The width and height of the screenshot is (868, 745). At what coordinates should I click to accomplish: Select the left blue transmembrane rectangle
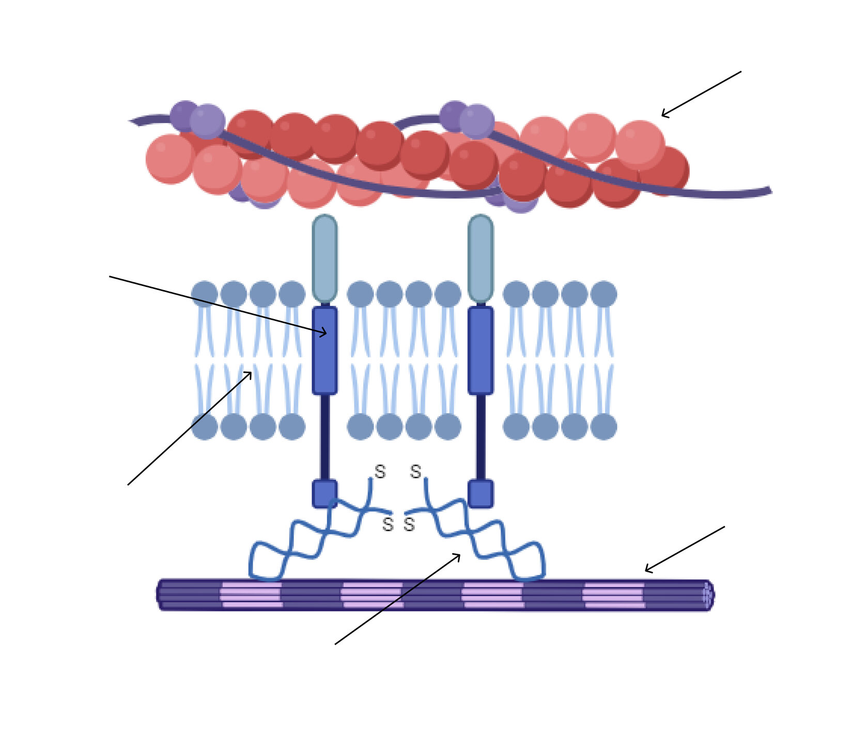tap(324, 351)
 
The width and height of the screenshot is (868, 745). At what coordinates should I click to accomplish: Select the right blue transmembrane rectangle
tap(481, 351)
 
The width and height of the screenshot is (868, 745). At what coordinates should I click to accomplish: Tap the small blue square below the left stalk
tap(324, 493)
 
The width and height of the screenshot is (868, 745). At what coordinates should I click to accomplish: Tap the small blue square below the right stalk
tap(481, 493)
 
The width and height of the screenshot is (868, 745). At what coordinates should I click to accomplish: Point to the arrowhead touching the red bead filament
tap(663, 115)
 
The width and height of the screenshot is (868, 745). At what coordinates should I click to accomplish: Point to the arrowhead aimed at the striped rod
tap(647, 570)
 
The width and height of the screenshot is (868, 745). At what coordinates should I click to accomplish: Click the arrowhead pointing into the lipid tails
tap(251, 373)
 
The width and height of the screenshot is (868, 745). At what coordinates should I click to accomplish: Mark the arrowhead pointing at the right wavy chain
tap(459, 555)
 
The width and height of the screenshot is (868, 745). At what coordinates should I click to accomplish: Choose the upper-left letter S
tap(380, 472)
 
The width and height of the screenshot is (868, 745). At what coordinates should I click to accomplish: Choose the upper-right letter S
tap(415, 472)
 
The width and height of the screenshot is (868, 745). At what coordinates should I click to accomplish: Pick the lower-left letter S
tap(388, 524)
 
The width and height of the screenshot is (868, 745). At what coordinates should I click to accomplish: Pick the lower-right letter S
tap(409, 524)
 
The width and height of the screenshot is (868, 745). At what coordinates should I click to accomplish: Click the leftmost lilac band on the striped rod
tap(251, 595)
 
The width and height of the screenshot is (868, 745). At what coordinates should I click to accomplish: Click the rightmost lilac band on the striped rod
tap(614, 595)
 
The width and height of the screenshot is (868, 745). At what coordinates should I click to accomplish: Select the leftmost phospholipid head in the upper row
tap(205, 294)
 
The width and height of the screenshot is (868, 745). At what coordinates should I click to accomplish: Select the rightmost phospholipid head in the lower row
tap(603, 427)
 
